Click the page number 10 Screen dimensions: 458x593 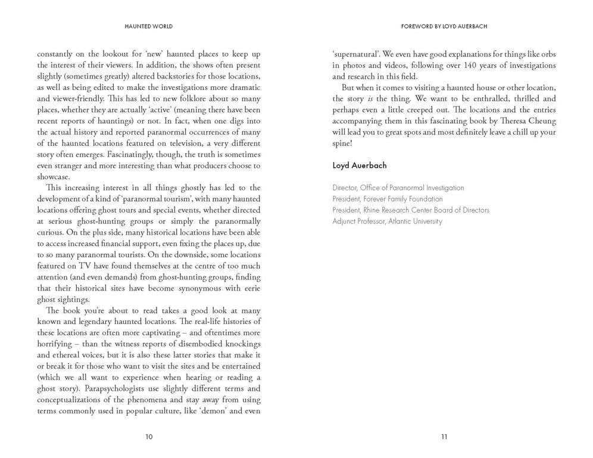pyautogui.click(x=149, y=437)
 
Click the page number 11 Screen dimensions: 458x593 pyautogui.click(x=444, y=437)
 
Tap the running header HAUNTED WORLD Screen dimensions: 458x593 pyautogui.click(x=149, y=27)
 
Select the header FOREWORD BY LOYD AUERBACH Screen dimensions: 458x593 pyautogui.click(x=444, y=27)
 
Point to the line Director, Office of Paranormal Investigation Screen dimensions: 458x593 pyautogui.click(x=398, y=188)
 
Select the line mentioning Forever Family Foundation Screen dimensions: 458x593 pyautogui.click(x=388, y=199)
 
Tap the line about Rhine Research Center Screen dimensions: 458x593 pyautogui.click(x=411, y=210)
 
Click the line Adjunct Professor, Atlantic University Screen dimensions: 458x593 pyautogui.click(x=387, y=221)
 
